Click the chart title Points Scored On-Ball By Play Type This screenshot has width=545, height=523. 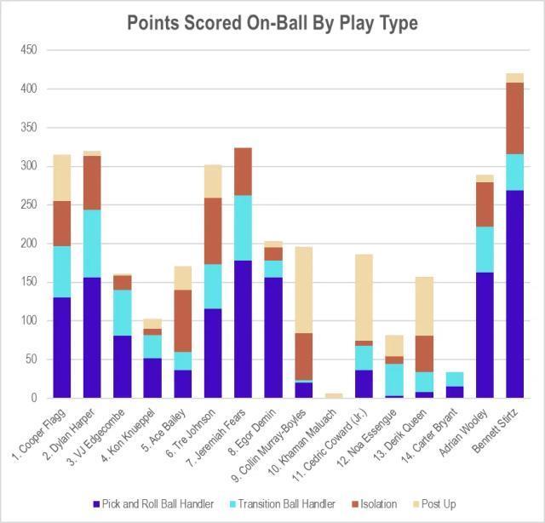(x=272, y=23)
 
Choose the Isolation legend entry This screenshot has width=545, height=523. (x=378, y=503)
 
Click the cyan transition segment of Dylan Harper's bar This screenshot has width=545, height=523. (x=92, y=243)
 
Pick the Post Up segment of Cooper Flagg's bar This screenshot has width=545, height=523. (x=60, y=178)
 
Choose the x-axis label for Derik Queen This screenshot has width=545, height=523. (x=413, y=429)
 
